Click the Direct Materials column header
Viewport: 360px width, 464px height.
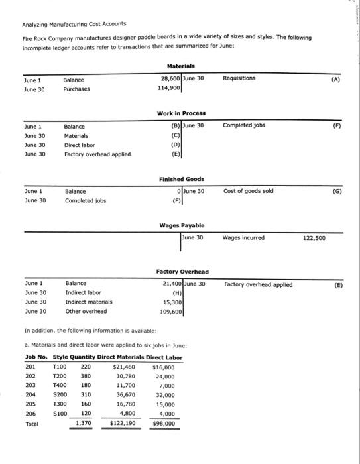[x=124, y=357]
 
